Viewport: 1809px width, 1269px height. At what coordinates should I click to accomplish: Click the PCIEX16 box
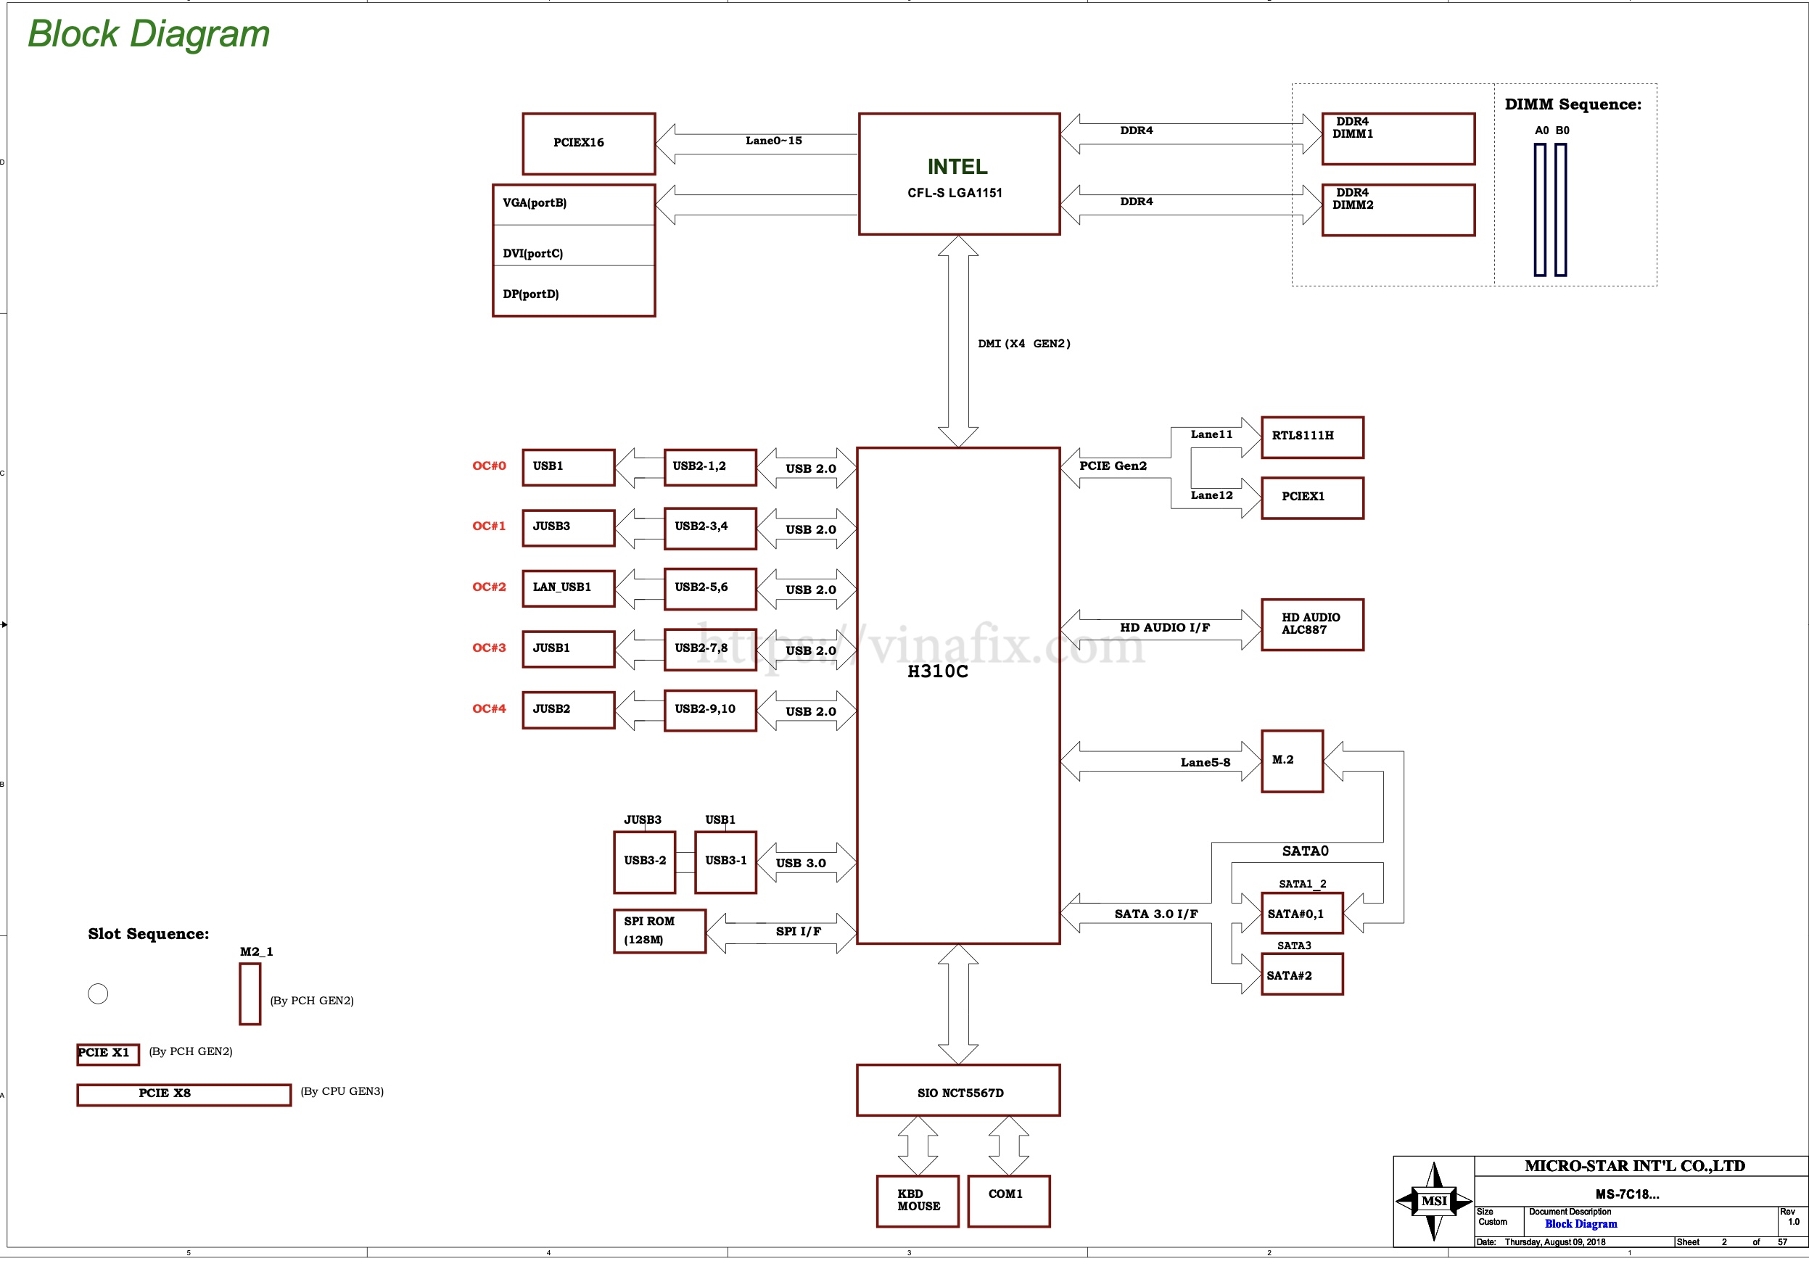(x=588, y=144)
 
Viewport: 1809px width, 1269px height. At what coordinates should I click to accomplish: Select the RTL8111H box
(x=1312, y=437)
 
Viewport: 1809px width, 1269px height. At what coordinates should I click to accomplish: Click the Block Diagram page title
(x=149, y=34)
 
